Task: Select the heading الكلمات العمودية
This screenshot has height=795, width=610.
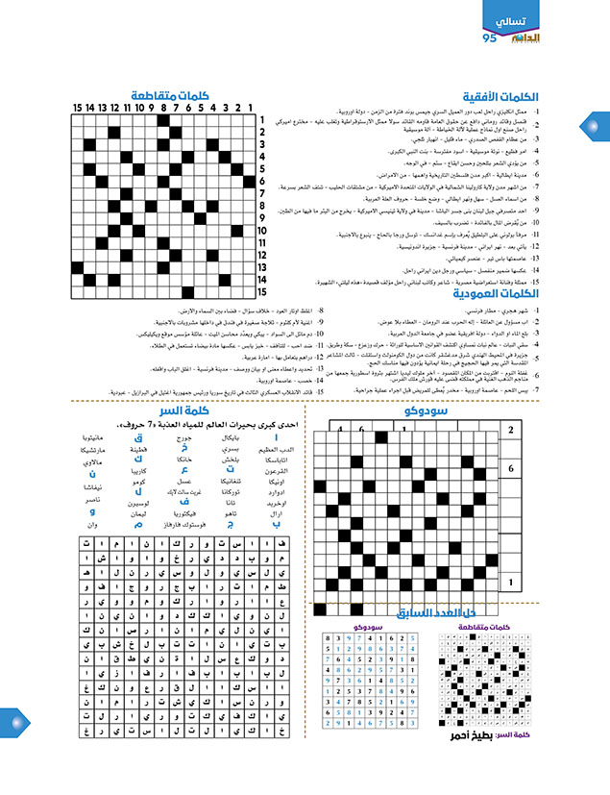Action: tap(499, 294)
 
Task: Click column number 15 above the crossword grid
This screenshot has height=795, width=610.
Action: tap(77, 108)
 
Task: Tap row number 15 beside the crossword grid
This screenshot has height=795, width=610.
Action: tap(261, 290)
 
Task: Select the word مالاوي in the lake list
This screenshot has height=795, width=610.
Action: tap(115, 462)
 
